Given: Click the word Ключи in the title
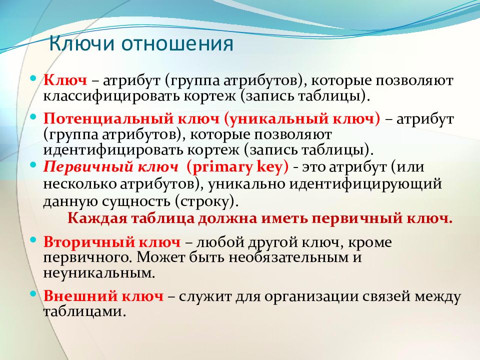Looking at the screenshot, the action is click(81, 43).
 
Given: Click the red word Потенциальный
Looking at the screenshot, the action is click(108, 119).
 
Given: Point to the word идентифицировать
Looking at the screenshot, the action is click(112, 150).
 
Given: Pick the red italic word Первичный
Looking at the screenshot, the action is click(88, 167).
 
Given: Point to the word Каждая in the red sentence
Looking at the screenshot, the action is click(97, 219).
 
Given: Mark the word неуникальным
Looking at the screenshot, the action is click(99, 273).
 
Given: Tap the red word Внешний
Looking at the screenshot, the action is click(80, 296).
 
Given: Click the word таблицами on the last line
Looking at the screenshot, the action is click(84, 311).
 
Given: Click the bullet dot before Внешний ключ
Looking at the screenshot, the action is click(33, 294).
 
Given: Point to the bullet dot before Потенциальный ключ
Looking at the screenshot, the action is click(33, 117).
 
